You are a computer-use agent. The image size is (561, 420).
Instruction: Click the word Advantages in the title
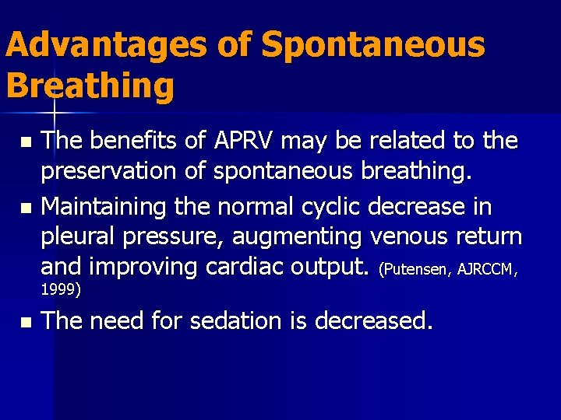click(106, 45)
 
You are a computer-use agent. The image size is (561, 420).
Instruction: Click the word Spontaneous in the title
click(373, 45)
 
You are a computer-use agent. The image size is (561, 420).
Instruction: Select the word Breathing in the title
click(90, 86)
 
